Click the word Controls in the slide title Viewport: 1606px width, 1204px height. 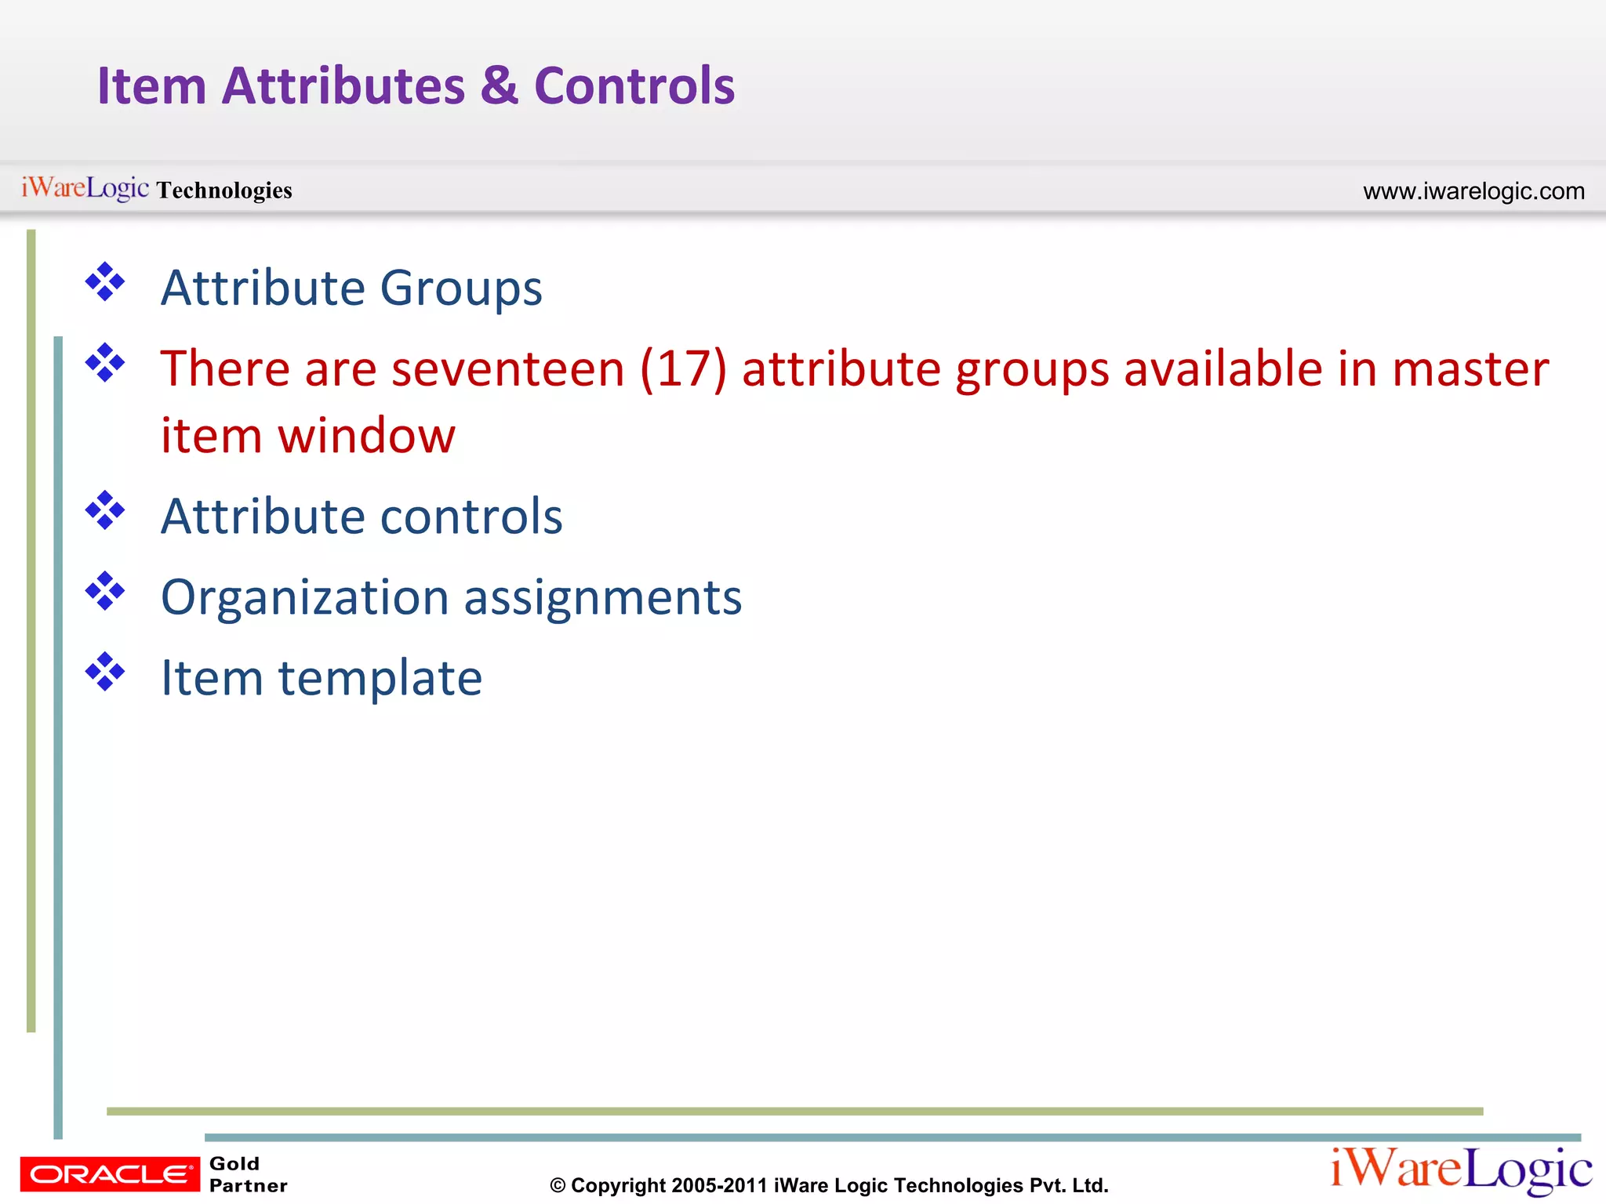click(x=634, y=85)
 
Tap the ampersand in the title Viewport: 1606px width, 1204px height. click(x=500, y=85)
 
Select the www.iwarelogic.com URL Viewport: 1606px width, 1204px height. click(x=1473, y=190)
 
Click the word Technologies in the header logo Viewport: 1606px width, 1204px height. click(x=224, y=190)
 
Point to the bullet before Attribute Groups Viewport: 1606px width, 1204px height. click(x=105, y=282)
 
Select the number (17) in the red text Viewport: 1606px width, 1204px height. click(x=684, y=368)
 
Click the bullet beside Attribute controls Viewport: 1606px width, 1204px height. click(x=105, y=510)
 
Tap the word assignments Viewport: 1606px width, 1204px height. click(x=602, y=598)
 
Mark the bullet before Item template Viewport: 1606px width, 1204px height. click(x=105, y=672)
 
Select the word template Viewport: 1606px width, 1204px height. click(x=380, y=678)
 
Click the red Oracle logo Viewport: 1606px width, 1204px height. click(x=110, y=1174)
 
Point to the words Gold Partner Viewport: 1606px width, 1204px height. click(x=248, y=1174)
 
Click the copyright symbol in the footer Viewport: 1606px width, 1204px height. click(x=558, y=1186)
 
